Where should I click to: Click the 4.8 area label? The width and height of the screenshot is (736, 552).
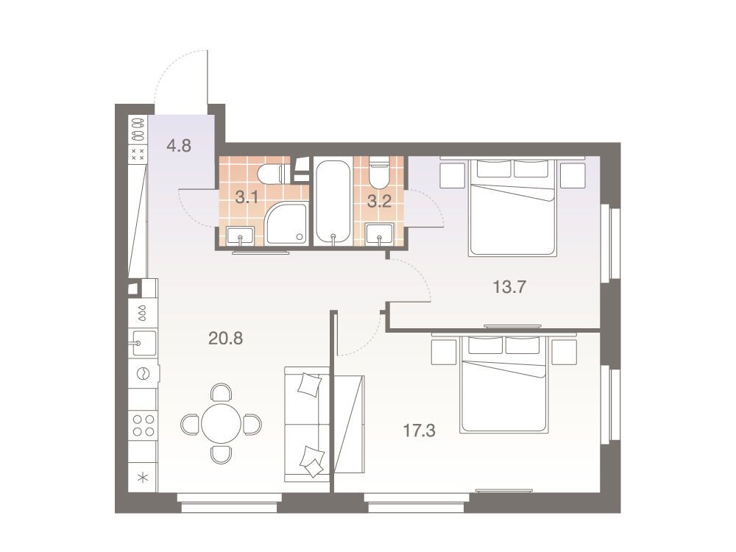pyautogui.click(x=179, y=146)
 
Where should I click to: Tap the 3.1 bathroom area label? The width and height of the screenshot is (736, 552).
pyautogui.click(x=247, y=197)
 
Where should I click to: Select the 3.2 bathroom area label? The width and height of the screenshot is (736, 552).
pyautogui.click(x=379, y=202)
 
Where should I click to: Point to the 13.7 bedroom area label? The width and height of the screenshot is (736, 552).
pyautogui.click(x=510, y=286)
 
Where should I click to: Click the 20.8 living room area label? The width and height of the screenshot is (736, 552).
pyautogui.click(x=225, y=338)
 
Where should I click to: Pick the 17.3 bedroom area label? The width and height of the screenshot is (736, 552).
pyautogui.click(x=420, y=430)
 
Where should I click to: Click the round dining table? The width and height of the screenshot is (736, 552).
pyautogui.click(x=221, y=423)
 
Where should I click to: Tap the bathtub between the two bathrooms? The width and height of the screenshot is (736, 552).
pyautogui.click(x=333, y=202)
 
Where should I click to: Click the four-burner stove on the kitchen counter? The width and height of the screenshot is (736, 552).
pyautogui.click(x=144, y=425)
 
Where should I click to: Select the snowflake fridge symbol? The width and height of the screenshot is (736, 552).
pyautogui.click(x=143, y=478)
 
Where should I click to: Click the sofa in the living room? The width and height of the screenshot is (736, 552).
pyautogui.click(x=307, y=425)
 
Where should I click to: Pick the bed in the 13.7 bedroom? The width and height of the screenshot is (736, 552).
pyautogui.click(x=512, y=207)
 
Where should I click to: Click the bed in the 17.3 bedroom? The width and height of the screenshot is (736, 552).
pyautogui.click(x=504, y=384)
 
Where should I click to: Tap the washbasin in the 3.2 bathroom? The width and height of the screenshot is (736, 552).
pyautogui.click(x=379, y=234)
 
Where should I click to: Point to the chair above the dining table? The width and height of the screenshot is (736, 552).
pyautogui.click(x=221, y=392)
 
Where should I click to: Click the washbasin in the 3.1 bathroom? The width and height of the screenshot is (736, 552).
pyautogui.click(x=241, y=236)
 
